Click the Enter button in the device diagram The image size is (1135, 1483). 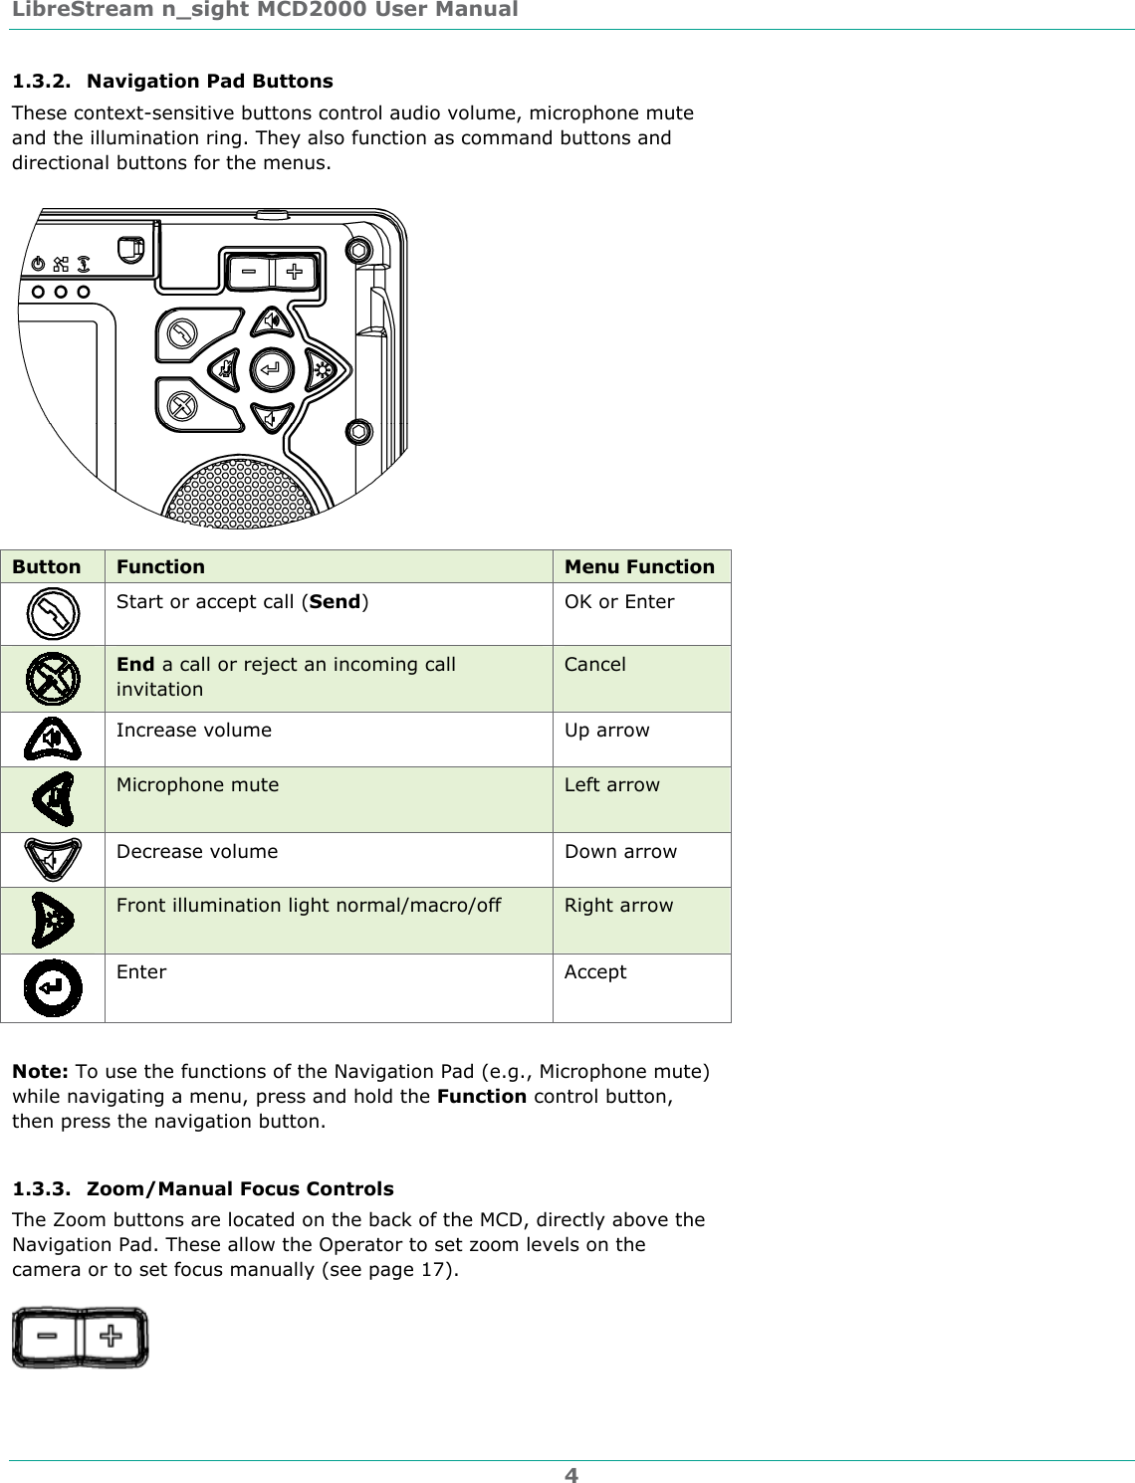(x=269, y=369)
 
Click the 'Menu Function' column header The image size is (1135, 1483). (x=639, y=567)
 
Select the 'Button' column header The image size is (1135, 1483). (x=47, y=567)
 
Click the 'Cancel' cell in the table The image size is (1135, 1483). (x=595, y=665)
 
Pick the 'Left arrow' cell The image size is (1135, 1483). (x=611, y=785)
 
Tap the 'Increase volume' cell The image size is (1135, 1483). (x=194, y=731)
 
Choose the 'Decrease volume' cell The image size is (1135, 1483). (x=197, y=852)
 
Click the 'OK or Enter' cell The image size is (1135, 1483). (x=619, y=602)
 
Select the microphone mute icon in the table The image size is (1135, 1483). (x=53, y=798)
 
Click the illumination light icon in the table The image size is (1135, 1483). (x=53, y=921)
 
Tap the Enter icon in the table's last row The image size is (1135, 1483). (x=53, y=987)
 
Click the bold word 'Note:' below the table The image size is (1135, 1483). (x=40, y=1072)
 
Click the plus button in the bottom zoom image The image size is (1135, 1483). (x=113, y=1337)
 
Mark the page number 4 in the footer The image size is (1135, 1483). (x=570, y=1473)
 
